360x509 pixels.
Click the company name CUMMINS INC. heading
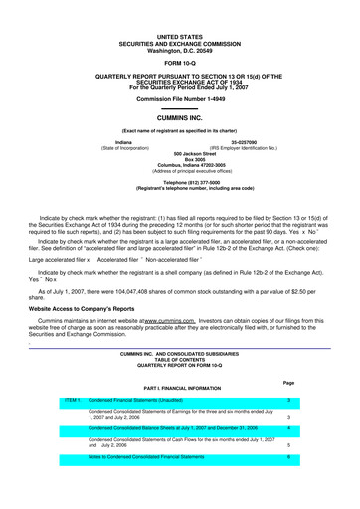tap(179, 117)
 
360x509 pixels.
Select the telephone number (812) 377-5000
tap(179, 183)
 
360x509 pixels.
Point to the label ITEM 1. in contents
tap(72, 399)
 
